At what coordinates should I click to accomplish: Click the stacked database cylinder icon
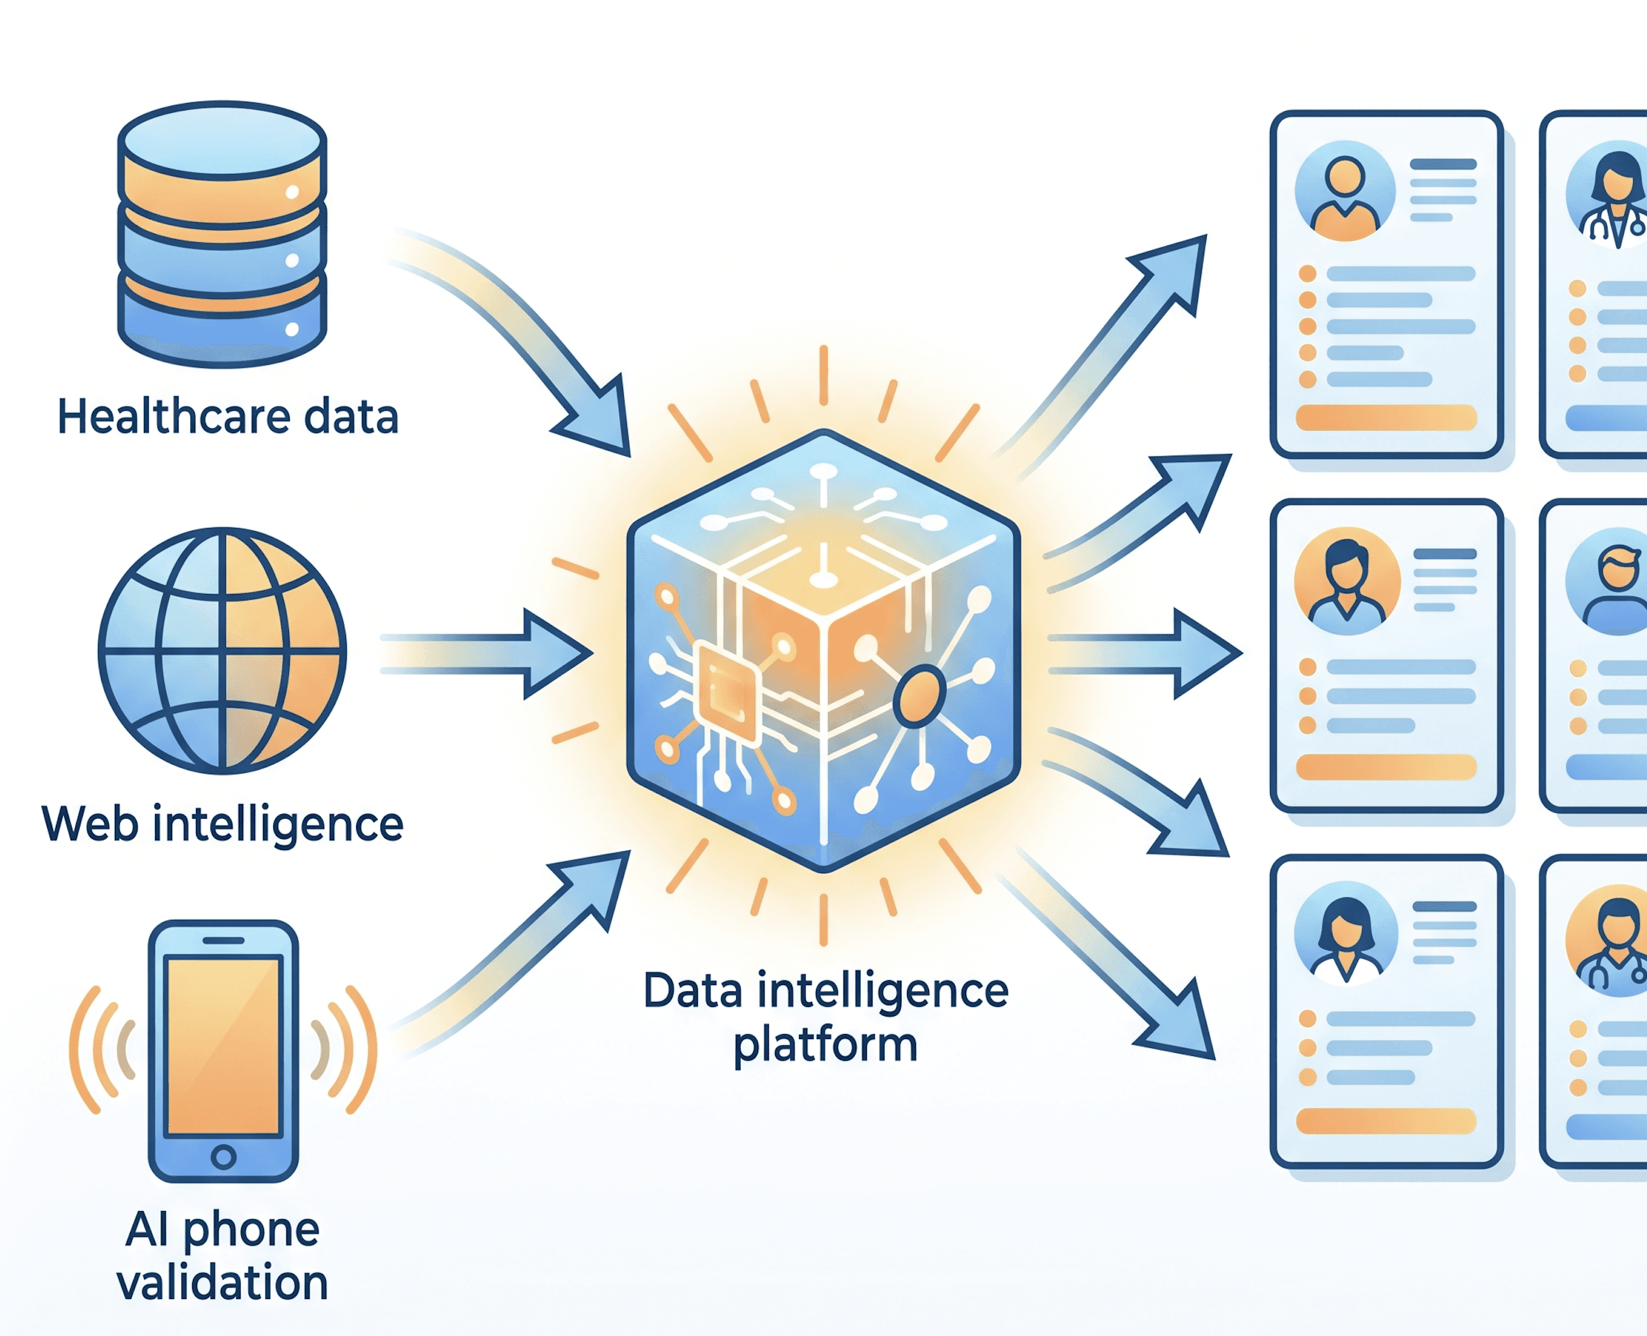coord(222,234)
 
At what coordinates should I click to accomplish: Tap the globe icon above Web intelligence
coord(222,650)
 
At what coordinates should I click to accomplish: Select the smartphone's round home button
coord(223,1156)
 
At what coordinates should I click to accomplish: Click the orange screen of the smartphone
coord(223,1046)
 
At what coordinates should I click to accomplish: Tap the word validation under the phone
coord(222,1283)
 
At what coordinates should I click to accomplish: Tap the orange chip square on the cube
coord(727,693)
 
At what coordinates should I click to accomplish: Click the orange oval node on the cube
coord(918,696)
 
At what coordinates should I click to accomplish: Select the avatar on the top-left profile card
coord(1344,191)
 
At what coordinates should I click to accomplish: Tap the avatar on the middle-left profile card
coord(1347,581)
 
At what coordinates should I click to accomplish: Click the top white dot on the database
coord(293,192)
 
